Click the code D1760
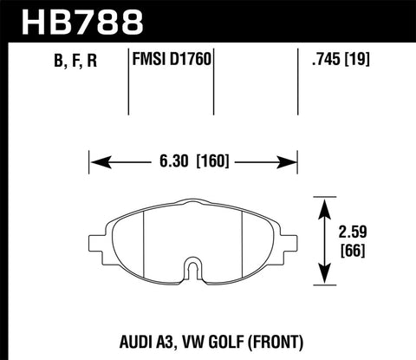(x=192, y=62)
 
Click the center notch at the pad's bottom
(x=194, y=272)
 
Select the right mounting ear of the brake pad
(x=290, y=246)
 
